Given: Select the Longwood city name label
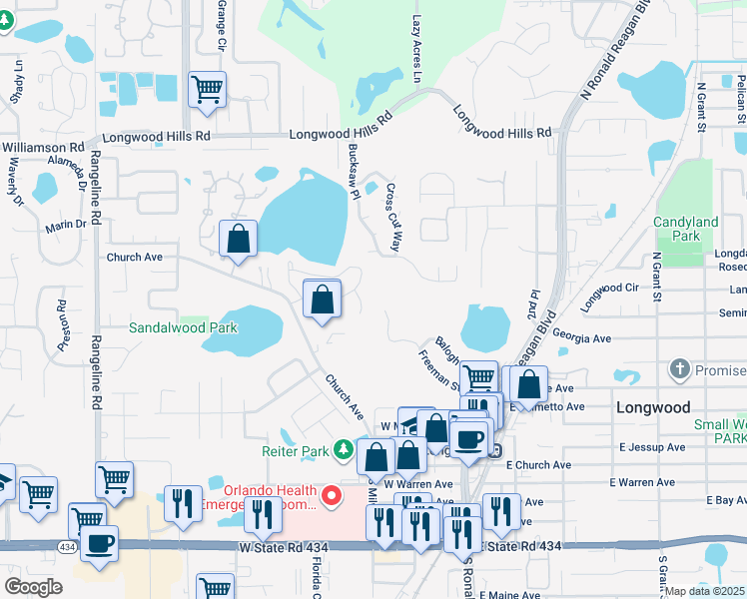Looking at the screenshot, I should pyautogui.click(x=653, y=407).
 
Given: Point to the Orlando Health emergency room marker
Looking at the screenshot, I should pyautogui.click(x=331, y=495).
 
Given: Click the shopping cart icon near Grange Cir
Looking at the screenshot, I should pyautogui.click(x=208, y=90).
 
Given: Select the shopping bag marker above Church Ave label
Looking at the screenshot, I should pyautogui.click(x=238, y=240).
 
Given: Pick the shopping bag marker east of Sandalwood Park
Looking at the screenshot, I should pyautogui.click(x=322, y=299).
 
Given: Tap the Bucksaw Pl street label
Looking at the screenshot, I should pyautogui.click(x=354, y=171).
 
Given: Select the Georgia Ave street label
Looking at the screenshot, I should pyautogui.click(x=580, y=339).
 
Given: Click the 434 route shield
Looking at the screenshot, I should pyautogui.click(x=67, y=547).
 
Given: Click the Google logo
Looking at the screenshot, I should pyautogui.click(x=33, y=587).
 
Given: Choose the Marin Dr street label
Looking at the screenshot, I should pyautogui.click(x=66, y=226).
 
